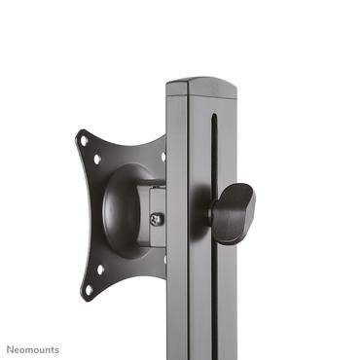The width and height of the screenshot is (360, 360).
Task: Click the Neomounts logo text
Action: coord(33,348)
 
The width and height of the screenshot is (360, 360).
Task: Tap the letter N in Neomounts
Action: coord(11,348)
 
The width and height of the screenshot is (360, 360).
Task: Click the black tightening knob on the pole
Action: coord(233,212)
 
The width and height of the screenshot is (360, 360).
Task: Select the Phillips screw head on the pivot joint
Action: coord(158,219)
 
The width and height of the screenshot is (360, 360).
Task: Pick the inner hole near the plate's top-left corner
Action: coord(97,157)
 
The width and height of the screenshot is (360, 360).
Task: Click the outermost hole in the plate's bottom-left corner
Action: coord(89,288)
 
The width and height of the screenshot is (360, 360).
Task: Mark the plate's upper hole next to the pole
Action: coord(162,155)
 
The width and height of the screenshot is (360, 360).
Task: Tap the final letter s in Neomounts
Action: coord(56,348)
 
